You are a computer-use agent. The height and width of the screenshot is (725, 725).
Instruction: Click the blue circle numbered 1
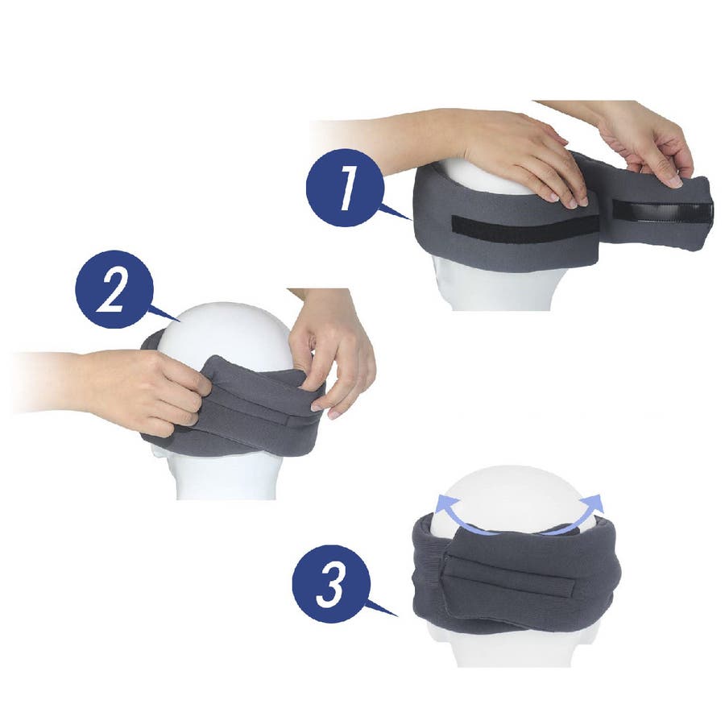(x=345, y=188)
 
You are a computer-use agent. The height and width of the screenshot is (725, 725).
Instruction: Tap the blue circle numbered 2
(x=114, y=289)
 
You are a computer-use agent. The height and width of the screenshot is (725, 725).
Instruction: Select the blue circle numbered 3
(x=331, y=584)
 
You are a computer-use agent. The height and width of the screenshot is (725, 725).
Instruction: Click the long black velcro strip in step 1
(x=525, y=229)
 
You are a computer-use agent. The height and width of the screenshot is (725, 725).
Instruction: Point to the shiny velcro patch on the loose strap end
(x=662, y=212)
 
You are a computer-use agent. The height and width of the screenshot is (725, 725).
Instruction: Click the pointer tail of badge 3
(x=382, y=607)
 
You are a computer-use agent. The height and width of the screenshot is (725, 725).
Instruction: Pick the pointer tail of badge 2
(x=165, y=313)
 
